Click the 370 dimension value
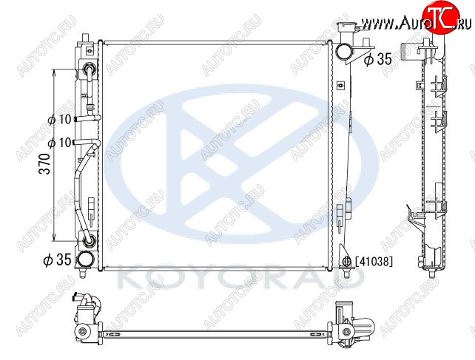tap(45, 163)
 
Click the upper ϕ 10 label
tap(60, 120)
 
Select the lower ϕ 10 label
tap(60, 143)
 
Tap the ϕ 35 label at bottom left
tap(57, 259)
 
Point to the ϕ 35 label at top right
tap(378, 59)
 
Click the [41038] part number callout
tap(374, 261)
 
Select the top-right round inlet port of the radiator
tap(345, 52)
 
